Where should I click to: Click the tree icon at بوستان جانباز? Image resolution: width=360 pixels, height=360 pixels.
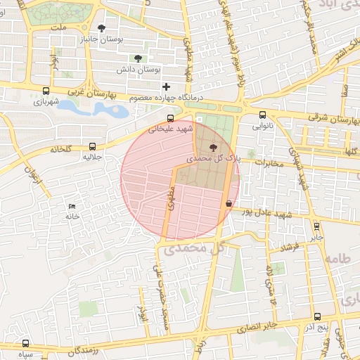(103, 28)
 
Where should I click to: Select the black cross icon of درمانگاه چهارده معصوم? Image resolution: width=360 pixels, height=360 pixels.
(166, 86)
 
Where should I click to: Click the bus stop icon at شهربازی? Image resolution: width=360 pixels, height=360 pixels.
(46, 91)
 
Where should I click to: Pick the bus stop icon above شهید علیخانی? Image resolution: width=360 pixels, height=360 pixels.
(170, 118)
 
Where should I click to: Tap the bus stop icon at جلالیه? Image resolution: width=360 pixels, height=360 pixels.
(92, 146)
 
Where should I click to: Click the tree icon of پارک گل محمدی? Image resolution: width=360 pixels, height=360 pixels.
(212, 147)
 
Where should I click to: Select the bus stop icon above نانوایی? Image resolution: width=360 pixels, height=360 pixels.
(262, 115)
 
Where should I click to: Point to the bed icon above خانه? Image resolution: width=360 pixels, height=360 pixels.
(72, 206)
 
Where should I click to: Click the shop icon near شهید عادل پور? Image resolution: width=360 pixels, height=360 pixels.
(229, 203)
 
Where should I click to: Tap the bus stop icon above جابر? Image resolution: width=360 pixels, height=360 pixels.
(316, 226)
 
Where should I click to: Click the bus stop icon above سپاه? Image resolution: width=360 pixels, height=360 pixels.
(26, 343)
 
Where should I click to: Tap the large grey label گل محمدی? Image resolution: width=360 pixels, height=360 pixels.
(192, 249)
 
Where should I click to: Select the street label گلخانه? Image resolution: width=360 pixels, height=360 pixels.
(64, 149)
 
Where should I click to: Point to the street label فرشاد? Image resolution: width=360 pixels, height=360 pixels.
(290, 247)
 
